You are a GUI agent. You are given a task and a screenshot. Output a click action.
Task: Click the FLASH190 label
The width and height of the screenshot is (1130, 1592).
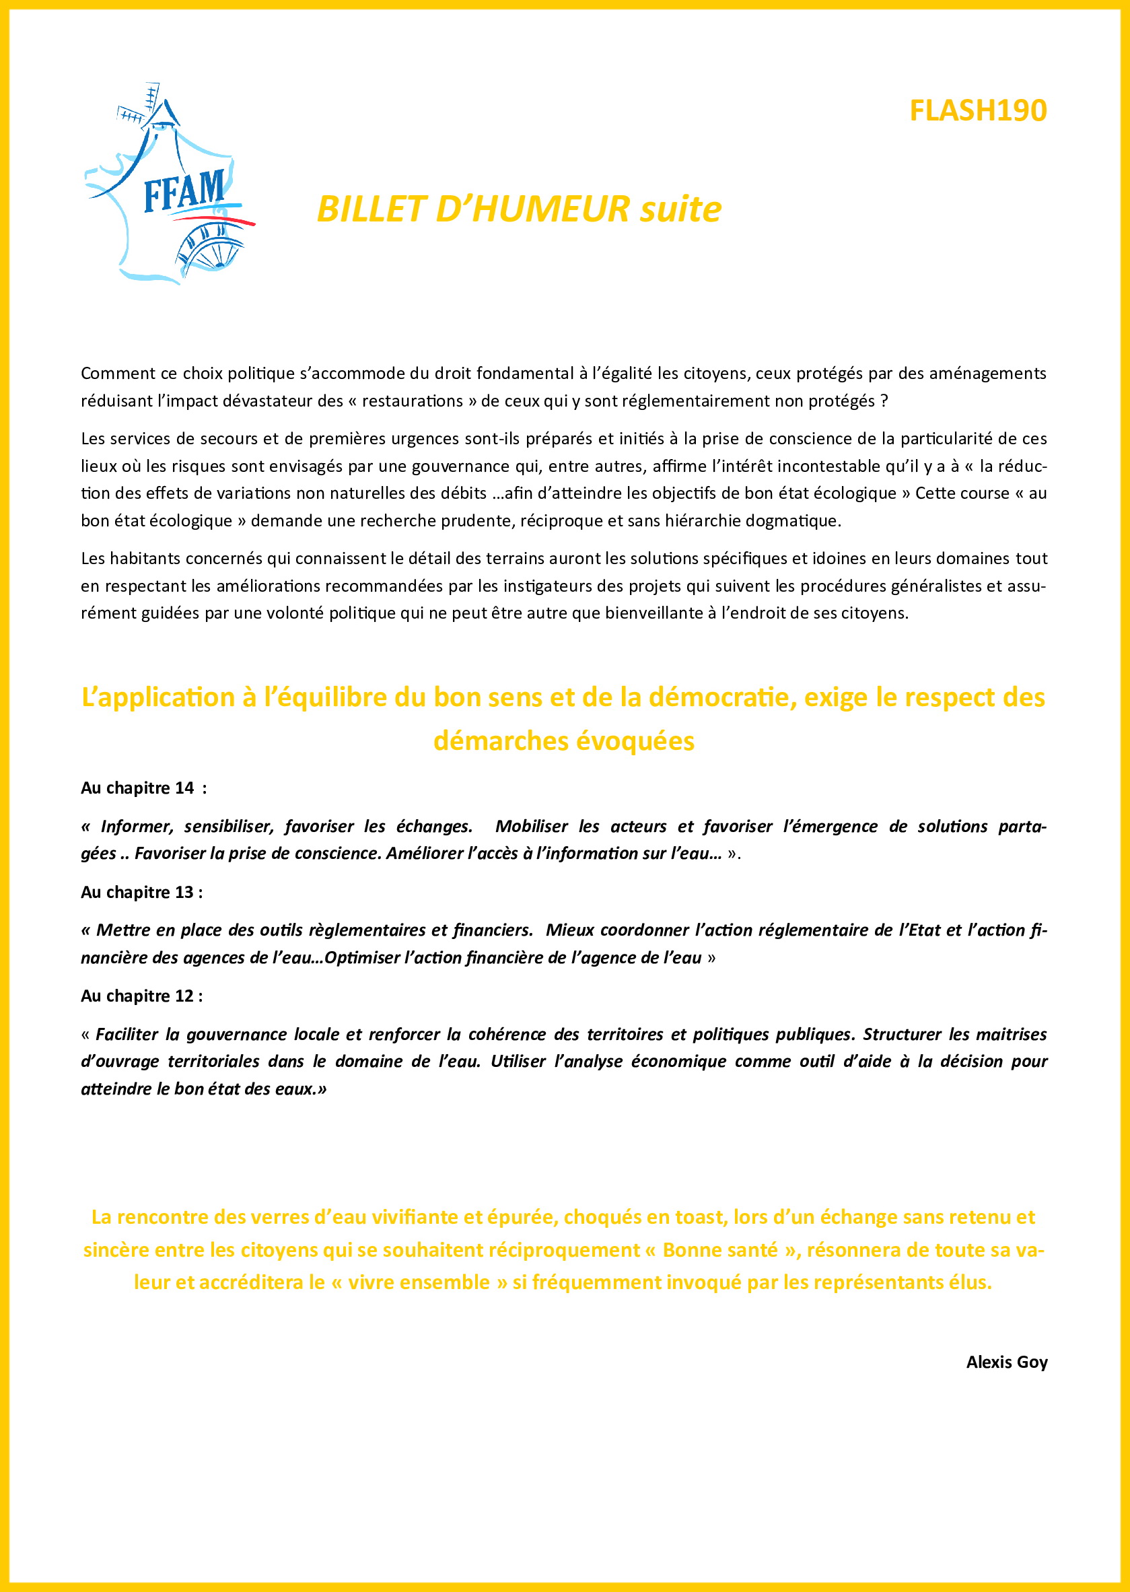(978, 110)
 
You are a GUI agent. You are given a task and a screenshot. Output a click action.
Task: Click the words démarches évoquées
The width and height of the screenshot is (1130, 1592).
(563, 740)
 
